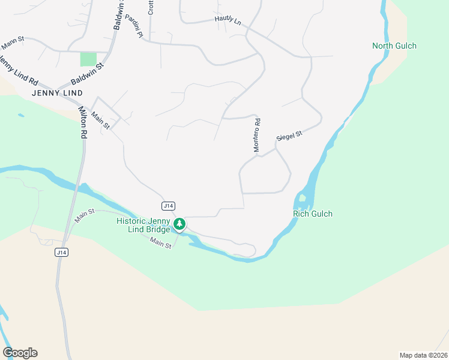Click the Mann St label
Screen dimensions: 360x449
coord(12,43)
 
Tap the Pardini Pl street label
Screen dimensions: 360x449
coord(133,26)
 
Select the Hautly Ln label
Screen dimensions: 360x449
coord(228,20)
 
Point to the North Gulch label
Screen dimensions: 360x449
coord(394,46)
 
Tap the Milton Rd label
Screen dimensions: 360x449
coord(82,123)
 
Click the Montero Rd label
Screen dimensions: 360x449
coord(256,135)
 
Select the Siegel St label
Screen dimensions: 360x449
coord(289,137)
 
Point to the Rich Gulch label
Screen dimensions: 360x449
coord(312,214)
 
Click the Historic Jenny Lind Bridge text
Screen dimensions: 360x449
coord(143,225)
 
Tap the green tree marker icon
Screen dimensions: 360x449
coord(179,224)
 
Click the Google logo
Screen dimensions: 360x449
coord(20,352)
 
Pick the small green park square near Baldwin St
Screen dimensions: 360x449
coord(88,59)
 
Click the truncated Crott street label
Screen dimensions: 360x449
coord(151,7)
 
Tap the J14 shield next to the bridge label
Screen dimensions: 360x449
coord(168,206)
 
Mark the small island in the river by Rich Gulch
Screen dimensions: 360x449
coord(303,199)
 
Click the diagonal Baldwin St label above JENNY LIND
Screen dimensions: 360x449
coord(87,71)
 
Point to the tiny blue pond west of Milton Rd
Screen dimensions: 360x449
coord(22,115)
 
